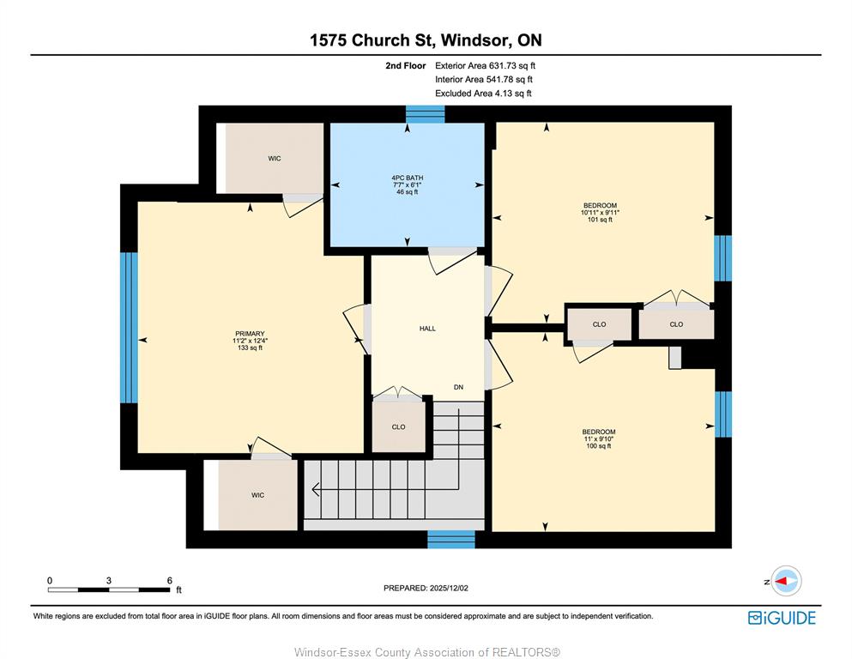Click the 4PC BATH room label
pyautogui.click(x=407, y=178)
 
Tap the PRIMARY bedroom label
pyautogui.click(x=250, y=334)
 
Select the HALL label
pyautogui.click(x=427, y=328)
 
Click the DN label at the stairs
pyautogui.click(x=458, y=387)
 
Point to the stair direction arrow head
pyautogui.click(x=315, y=489)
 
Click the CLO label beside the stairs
pyautogui.click(x=398, y=427)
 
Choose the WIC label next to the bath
pyautogui.click(x=275, y=159)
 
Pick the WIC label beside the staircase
pyautogui.click(x=257, y=495)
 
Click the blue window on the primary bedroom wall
pyautogui.click(x=129, y=328)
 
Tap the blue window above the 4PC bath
pyautogui.click(x=425, y=114)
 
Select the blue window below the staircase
pyautogui.click(x=451, y=540)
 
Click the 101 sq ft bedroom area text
pyautogui.click(x=600, y=220)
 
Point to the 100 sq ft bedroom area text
pyautogui.click(x=599, y=446)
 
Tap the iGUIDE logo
pyautogui.click(x=782, y=618)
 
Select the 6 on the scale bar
pyautogui.click(x=170, y=580)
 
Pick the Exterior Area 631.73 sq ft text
pyautogui.click(x=486, y=66)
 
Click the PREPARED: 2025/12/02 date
pyautogui.click(x=426, y=588)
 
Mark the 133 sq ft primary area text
pyautogui.click(x=250, y=348)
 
